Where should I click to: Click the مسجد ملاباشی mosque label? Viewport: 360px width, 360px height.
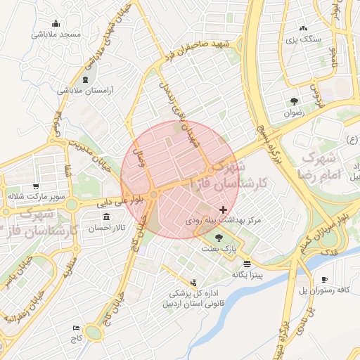(61, 34)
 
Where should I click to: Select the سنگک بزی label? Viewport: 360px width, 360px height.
(307, 39)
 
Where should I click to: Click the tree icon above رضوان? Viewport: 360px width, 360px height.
(293, 100)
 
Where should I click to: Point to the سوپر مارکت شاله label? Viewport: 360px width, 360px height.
(37, 195)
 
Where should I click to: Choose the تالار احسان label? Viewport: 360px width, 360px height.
(105, 229)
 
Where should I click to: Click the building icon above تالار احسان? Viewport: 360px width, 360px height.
(105, 217)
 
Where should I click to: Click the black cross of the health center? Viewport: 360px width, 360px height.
(224, 209)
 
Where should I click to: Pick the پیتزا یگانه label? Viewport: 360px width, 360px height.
(249, 275)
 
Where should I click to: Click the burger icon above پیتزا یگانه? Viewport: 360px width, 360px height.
(247, 263)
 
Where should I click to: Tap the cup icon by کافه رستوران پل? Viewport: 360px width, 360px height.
(324, 278)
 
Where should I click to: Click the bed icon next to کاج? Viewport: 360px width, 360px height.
(76, 328)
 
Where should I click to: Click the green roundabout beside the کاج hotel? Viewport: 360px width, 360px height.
(94, 331)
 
